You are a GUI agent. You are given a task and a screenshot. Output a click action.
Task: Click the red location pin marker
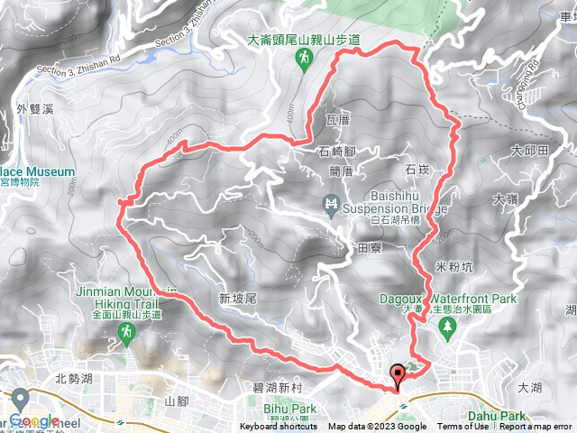click(397, 374)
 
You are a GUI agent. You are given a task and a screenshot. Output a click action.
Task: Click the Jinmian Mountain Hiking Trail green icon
click(125, 335)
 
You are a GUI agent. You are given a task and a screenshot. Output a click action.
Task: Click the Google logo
click(35, 420)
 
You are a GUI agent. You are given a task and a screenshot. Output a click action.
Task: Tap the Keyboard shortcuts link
click(279, 427)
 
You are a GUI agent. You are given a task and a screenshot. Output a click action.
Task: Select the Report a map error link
click(536, 427)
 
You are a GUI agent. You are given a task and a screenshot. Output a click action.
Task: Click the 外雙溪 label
click(35, 109)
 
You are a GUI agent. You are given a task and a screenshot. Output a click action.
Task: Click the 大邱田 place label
click(528, 150)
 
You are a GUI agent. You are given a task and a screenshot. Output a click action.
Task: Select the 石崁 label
click(417, 169)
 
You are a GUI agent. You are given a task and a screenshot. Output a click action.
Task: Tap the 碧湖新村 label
click(273, 387)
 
